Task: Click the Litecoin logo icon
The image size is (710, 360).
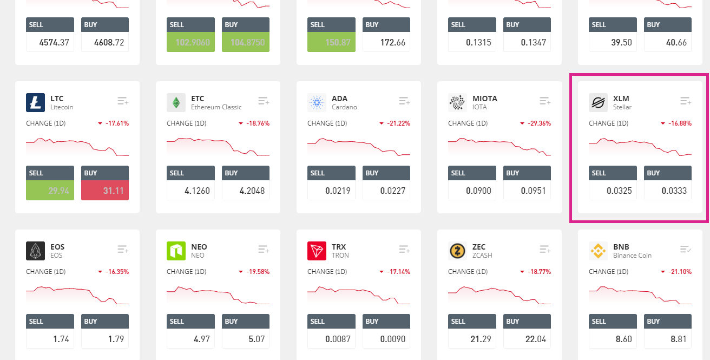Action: click(x=35, y=102)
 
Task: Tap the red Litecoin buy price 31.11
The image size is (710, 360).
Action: click(x=105, y=191)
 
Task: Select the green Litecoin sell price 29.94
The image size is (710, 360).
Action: click(x=50, y=191)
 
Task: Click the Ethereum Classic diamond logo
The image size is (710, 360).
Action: click(x=176, y=102)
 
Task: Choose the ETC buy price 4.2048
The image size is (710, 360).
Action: click(x=246, y=191)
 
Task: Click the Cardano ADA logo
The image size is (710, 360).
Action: click(x=317, y=102)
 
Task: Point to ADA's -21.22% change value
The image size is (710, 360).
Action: click(x=398, y=123)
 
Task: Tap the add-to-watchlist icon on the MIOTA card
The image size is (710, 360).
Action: click(x=545, y=101)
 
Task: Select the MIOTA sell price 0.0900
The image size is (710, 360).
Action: click(x=472, y=191)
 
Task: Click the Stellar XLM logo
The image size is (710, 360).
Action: click(x=598, y=102)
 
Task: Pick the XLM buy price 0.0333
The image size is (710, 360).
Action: click(x=668, y=191)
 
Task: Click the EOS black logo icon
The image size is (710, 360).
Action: click(x=35, y=251)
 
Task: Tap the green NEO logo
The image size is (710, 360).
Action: click(x=176, y=251)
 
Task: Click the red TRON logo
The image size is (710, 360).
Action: click(x=317, y=251)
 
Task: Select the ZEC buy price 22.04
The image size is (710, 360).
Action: click(x=527, y=339)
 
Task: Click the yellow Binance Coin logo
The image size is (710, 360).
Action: click(x=598, y=251)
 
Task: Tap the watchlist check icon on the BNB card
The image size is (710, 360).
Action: click(x=686, y=250)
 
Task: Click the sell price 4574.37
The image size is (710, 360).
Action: click(x=50, y=42)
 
